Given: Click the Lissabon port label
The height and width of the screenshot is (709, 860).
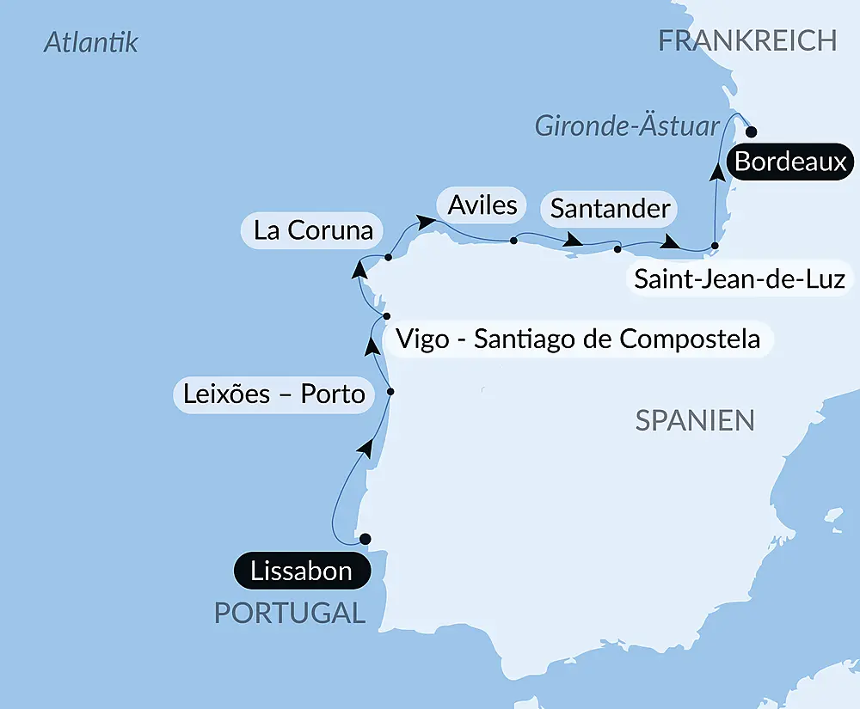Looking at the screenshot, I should (301, 571).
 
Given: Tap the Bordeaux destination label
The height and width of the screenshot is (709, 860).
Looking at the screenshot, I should (790, 162).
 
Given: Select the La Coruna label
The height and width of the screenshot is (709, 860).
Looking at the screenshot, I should (313, 230).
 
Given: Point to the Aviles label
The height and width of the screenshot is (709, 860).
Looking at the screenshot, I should (482, 205).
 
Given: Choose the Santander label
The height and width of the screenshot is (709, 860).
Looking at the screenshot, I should (610, 208).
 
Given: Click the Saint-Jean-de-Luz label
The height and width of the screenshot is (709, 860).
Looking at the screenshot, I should (739, 278).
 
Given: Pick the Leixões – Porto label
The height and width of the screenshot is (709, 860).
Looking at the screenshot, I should (274, 394).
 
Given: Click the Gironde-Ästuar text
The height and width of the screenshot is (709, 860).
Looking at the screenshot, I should (627, 126).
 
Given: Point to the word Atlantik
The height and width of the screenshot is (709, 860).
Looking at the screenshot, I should (91, 43).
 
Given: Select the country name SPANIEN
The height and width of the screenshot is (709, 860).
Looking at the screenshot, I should (695, 420).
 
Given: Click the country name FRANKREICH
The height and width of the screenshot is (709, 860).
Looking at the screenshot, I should (747, 40).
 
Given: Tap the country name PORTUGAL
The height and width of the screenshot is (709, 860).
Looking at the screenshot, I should (289, 613).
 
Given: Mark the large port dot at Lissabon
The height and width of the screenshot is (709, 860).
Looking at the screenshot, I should (365, 539).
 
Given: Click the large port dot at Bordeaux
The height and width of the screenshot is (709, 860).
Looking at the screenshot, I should (751, 132).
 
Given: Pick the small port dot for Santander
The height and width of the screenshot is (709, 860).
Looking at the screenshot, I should (617, 249).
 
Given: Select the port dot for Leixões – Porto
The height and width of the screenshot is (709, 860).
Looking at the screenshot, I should (390, 392).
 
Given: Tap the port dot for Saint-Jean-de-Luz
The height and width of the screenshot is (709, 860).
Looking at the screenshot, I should (715, 246).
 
